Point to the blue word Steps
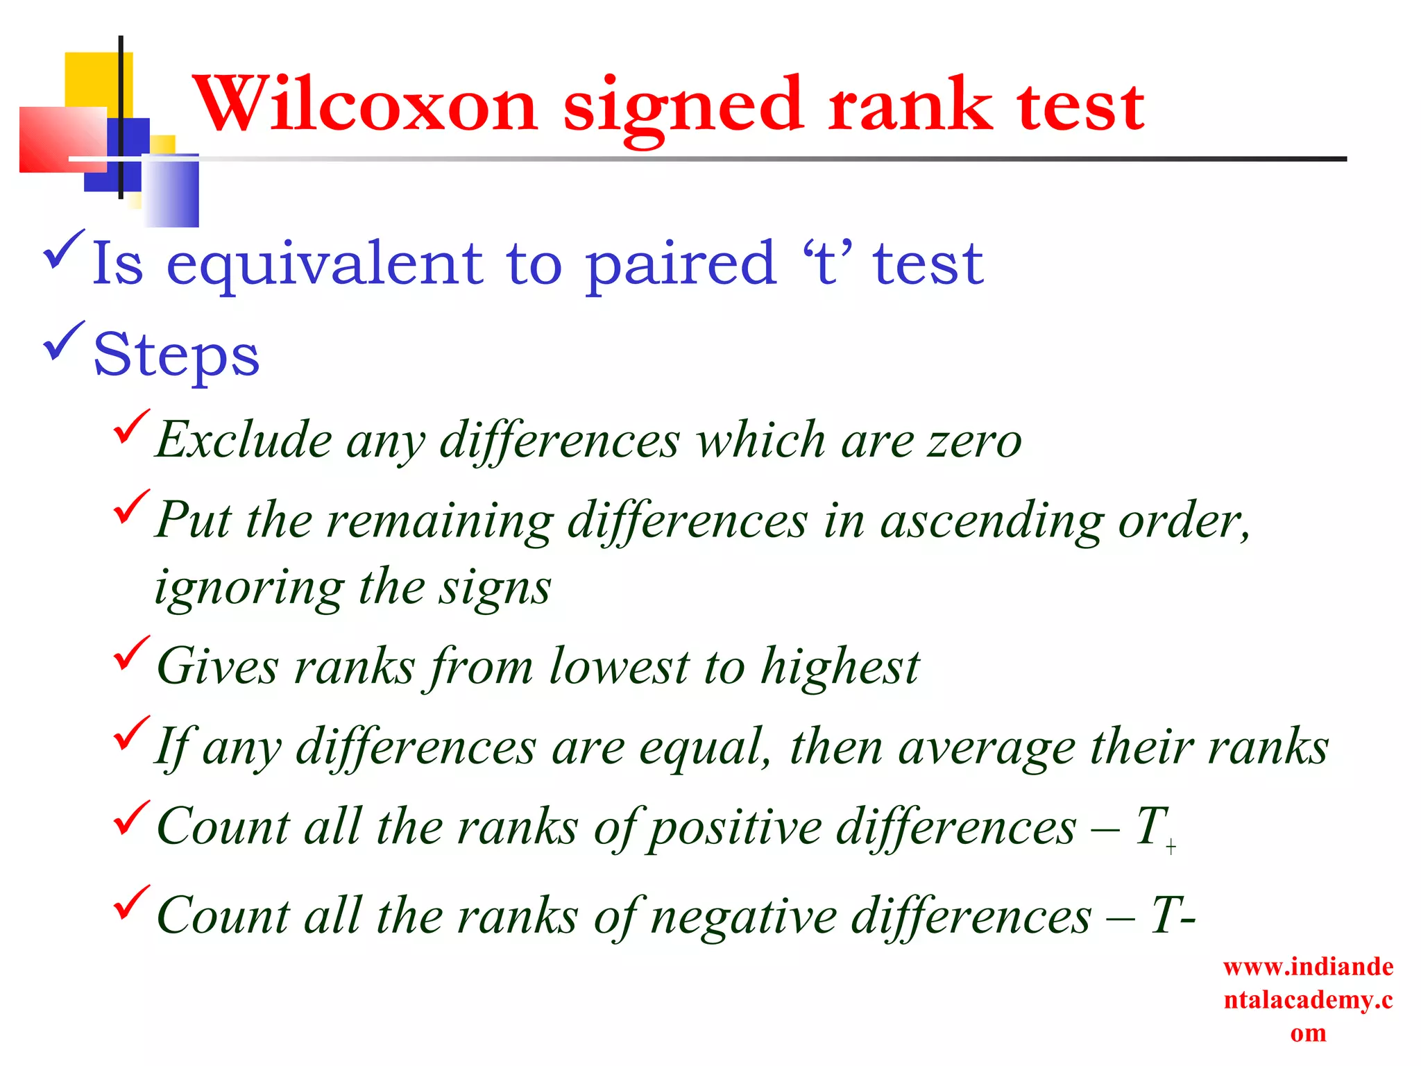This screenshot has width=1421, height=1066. point(176,355)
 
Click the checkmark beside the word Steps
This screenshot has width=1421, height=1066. point(64,341)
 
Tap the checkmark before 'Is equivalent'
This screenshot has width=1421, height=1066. point(64,249)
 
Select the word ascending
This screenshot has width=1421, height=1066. point(991,522)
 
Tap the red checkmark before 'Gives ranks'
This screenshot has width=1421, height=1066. point(131,654)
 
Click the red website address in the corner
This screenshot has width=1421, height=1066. point(1308,999)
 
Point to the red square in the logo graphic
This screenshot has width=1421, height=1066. point(62,139)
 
